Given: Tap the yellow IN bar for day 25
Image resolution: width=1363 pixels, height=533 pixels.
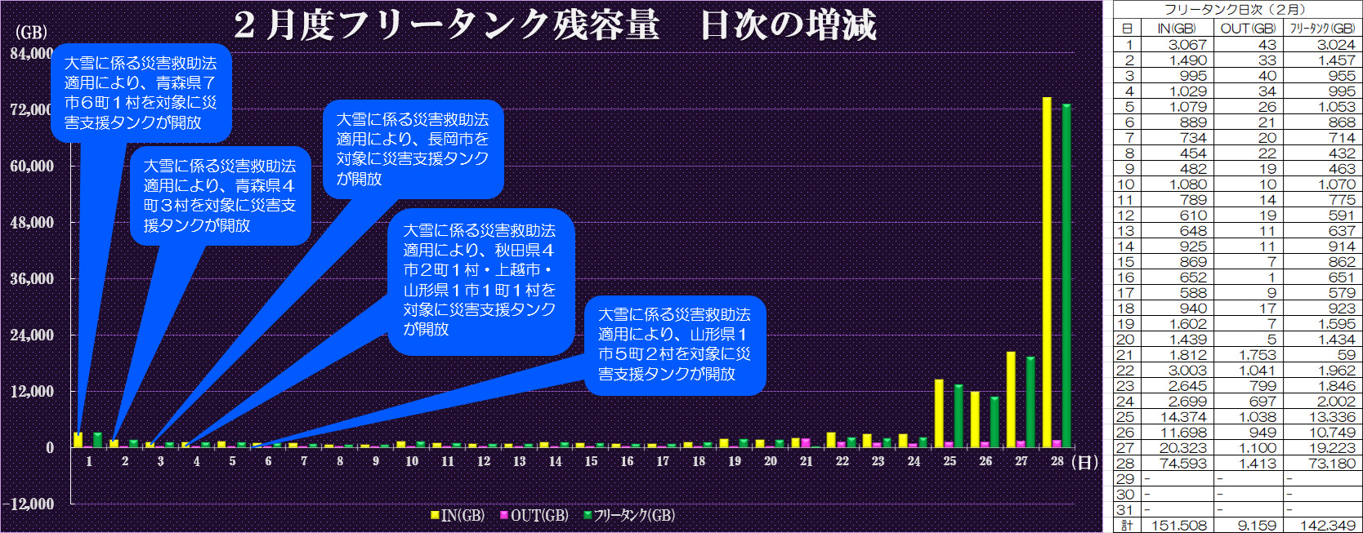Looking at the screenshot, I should coord(939,413).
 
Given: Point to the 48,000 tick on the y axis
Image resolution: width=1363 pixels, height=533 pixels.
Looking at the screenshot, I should coord(32,222).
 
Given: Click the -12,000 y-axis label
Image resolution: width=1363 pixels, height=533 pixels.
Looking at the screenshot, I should coord(29,504).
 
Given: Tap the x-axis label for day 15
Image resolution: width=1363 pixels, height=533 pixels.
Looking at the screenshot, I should coord(591,461).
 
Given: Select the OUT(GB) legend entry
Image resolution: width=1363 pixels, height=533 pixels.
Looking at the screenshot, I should coord(534,515).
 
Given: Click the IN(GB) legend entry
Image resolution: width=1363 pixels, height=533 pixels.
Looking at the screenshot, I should coord(458,515).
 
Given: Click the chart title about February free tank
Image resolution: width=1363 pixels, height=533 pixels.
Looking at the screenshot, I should coord(555,24).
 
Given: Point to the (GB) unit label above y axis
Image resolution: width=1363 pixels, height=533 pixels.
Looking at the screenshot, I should coord(32,32).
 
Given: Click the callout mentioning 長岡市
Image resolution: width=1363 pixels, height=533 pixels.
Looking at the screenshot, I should coord(413,149).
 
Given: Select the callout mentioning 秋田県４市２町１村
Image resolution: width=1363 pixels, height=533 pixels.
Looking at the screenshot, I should coord(480,279).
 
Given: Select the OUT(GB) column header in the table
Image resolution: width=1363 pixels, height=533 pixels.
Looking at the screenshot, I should coord(1248,29).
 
